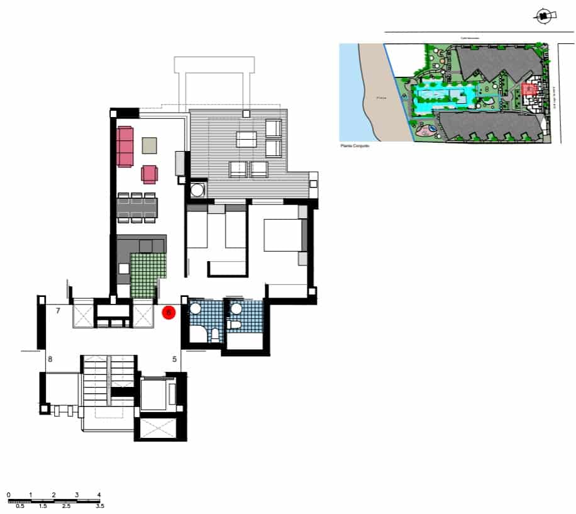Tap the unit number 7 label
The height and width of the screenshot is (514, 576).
[57, 311]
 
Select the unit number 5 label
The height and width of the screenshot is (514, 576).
[174, 359]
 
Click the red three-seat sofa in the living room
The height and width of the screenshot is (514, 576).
[125, 147]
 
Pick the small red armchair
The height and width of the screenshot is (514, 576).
[150, 174]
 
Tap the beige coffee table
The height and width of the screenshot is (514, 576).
[149, 146]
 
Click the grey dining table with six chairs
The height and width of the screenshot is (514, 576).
[136, 208]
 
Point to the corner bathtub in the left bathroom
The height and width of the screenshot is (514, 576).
[199, 333]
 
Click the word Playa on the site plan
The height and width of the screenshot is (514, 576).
[380, 98]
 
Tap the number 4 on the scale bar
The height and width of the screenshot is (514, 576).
[99, 494]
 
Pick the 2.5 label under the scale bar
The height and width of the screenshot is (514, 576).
[65, 506]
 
